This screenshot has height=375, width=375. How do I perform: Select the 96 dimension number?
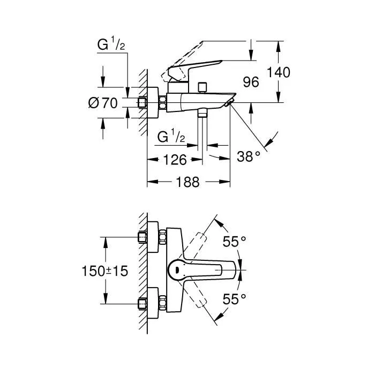[x=251, y=82]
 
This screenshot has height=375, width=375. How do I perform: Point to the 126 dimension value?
[x=175, y=159]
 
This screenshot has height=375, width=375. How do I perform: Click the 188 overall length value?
[x=187, y=182]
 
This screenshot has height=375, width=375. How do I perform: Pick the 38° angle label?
[x=249, y=156]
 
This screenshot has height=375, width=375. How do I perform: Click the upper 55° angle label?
[x=235, y=242]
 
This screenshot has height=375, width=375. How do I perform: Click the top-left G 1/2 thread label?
[x=111, y=46]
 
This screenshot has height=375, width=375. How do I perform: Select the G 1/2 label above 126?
[x=171, y=138]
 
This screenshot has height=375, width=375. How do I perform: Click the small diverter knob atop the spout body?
[x=202, y=87]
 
